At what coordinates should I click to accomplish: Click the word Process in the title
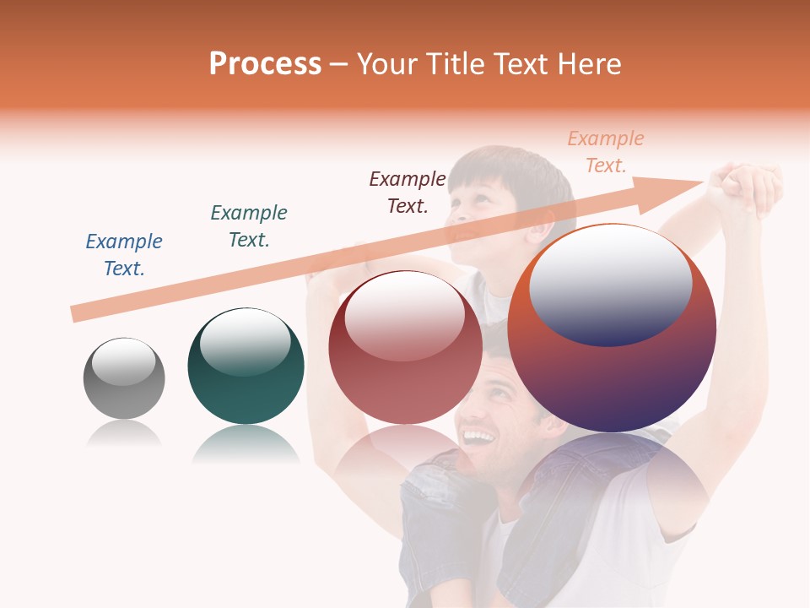(x=265, y=63)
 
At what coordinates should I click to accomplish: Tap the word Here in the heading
(x=587, y=63)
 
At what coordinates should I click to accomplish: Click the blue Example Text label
(x=124, y=255)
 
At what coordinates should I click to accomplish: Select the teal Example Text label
(x=249, y=225)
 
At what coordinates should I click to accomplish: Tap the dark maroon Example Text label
(x=408, y=192)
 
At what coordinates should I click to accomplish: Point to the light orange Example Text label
(x=606, y=152)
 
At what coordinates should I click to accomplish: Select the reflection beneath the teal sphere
(x=246, y=443)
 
